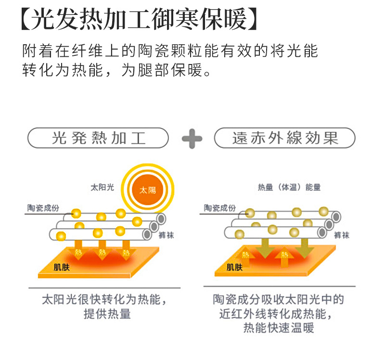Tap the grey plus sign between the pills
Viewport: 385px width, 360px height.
coord(192,139)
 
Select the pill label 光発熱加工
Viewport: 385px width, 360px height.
coord(99,138)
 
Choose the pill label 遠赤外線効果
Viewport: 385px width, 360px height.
coord(285,138)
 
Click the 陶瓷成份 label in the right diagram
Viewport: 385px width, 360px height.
coord(220,208)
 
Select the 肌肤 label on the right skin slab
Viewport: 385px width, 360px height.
coord(235,267)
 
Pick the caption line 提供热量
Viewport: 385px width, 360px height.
coord(107,315)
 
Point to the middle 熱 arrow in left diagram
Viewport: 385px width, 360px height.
coord(102,252)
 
